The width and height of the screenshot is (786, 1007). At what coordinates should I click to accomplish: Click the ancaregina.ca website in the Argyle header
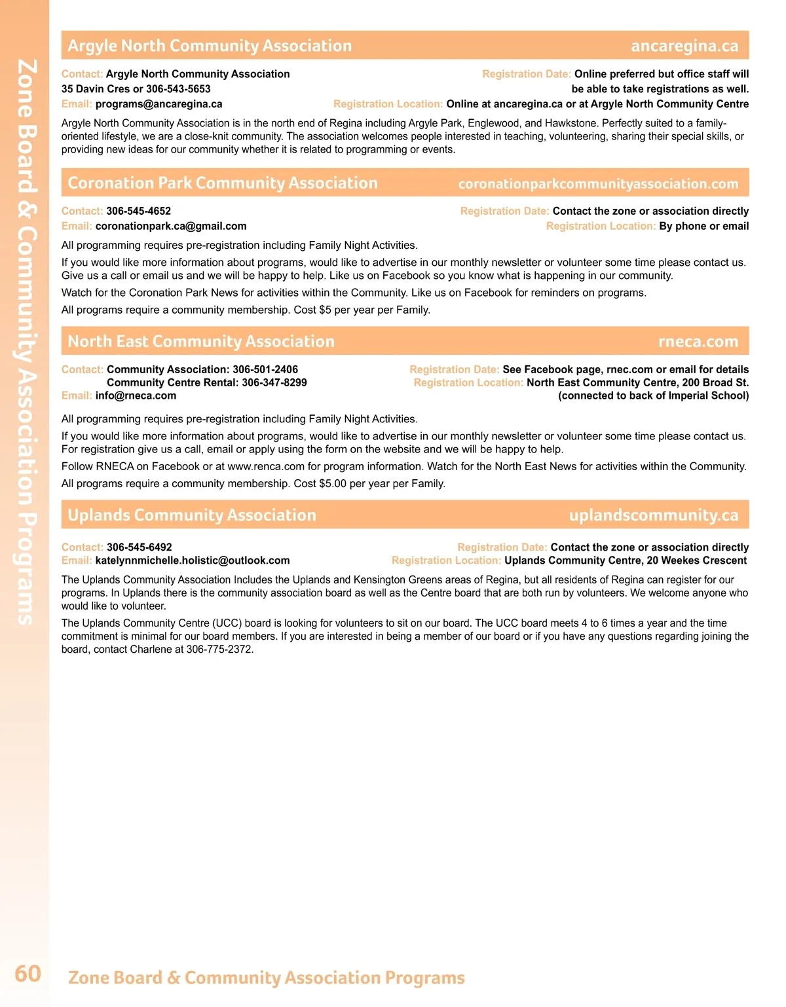tap(684, 46)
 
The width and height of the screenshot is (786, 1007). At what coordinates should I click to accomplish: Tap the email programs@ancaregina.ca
tap(159, 104)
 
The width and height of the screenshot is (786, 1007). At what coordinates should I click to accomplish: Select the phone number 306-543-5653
tap(178, 89)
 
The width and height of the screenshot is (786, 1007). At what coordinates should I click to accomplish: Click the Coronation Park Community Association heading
tap(223, 183)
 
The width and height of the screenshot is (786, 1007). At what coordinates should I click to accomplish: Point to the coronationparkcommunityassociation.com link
tap(598, 184)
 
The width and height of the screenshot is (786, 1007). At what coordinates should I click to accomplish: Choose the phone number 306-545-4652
tap(138, 211)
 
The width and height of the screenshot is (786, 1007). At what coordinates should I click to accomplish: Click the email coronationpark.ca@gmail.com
tap(171, 226)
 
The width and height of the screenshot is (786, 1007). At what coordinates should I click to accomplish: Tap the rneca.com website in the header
tap(698, 342)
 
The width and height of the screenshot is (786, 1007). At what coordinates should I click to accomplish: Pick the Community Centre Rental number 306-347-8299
tap(274, 382)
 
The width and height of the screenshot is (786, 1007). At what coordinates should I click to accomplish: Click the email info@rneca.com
tap(136, 395)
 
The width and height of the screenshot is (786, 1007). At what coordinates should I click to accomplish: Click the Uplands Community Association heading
tap(192, 515)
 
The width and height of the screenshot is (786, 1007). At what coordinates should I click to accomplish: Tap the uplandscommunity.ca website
tap(654, 515)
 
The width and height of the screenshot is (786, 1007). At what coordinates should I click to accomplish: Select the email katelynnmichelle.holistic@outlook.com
tap(193, 560)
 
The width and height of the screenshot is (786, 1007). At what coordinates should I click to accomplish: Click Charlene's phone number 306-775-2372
tap(219, 650)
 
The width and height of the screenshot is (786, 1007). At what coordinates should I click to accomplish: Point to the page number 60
tap(28, 974)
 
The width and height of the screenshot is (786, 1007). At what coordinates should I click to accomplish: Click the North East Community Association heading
tap(201, 342)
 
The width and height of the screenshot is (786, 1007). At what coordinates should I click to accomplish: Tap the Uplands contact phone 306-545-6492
tap(139, 547)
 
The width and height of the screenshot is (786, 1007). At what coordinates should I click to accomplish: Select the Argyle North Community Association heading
tap(210, 46)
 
